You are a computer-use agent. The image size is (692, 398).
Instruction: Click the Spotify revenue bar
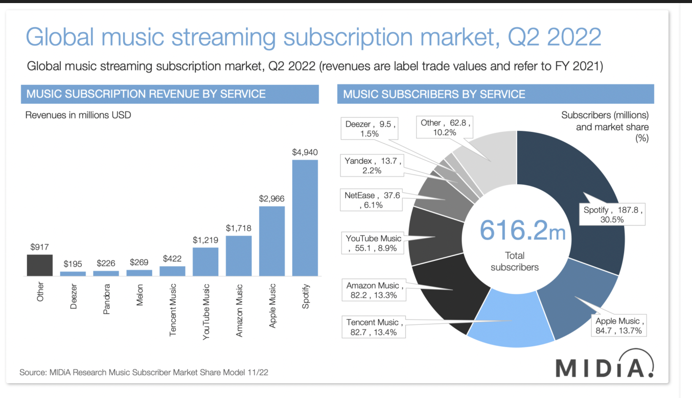click(305, 217)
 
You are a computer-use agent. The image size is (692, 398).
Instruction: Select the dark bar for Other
click(39, 265)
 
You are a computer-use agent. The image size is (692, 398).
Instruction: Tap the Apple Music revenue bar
click(272, 240)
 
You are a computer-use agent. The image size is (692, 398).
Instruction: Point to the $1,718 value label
click(239, 228)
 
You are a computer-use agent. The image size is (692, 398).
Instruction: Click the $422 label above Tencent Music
click(172, 259)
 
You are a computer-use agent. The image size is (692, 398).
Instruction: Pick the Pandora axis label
click(106, 299)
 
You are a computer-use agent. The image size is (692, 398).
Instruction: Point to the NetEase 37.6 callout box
click(371, 200)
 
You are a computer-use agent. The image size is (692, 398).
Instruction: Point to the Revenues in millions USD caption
click(78, 115)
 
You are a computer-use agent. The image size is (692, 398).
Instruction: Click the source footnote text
click(144, 372)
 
